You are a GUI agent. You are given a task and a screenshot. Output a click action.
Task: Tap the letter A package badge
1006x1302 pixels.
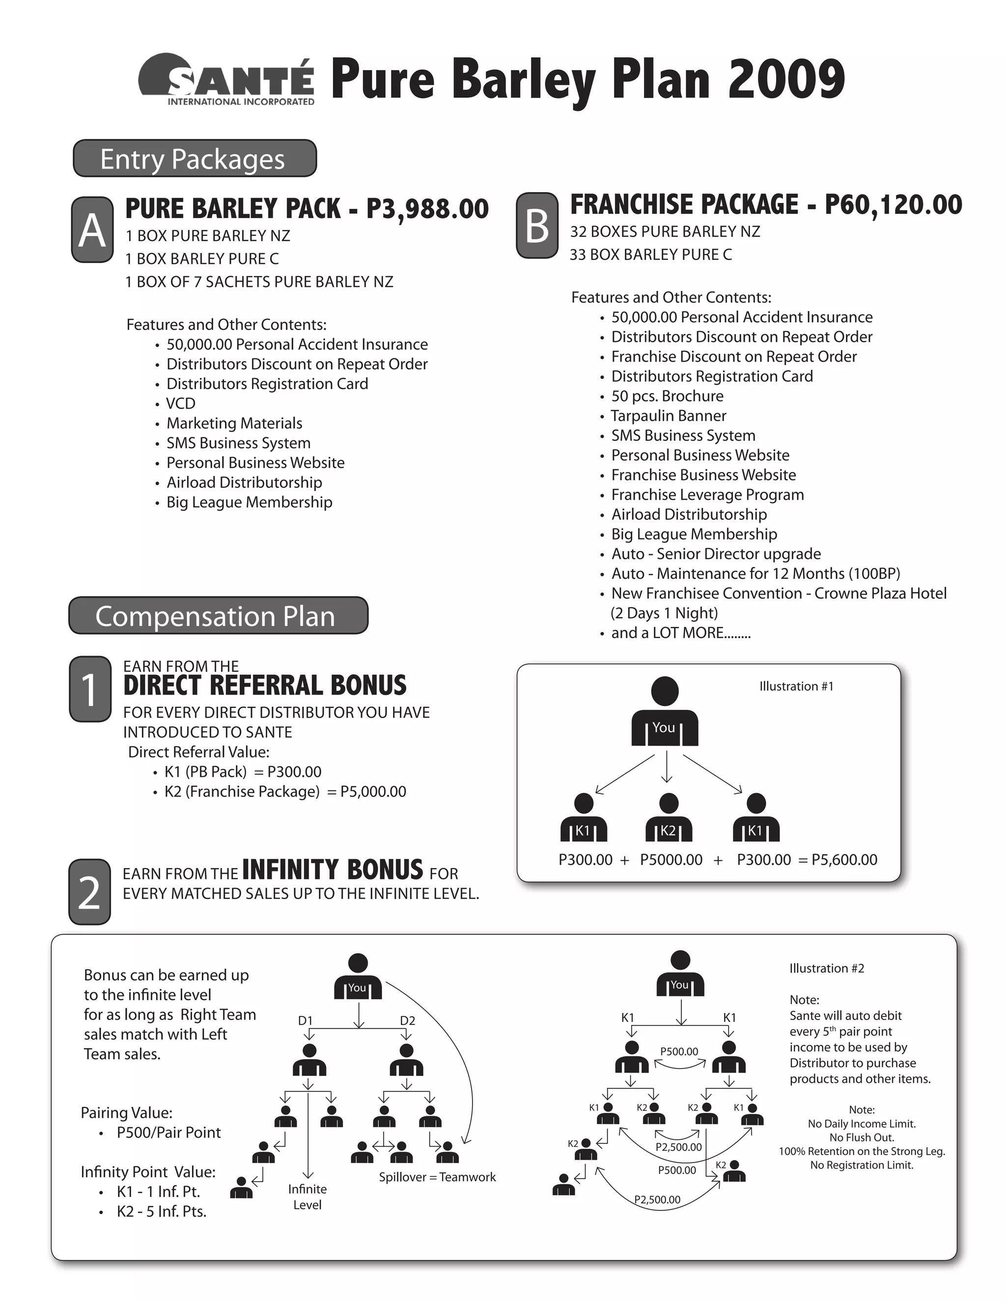[92, 230]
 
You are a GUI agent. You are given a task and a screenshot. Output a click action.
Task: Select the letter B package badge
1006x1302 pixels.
[537, 226]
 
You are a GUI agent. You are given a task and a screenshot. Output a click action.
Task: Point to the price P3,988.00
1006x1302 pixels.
[427, 209]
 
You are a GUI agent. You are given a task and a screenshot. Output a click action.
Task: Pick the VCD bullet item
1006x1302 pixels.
[181, 403]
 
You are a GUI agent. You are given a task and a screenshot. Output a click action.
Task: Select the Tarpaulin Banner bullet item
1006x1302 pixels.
[668, 416]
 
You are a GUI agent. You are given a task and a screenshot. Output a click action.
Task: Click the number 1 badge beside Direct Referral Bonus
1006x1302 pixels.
[90, 690]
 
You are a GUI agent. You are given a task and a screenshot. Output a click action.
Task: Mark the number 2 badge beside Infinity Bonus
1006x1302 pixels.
[90, 892]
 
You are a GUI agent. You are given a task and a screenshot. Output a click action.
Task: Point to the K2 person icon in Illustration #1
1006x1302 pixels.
[669, 817]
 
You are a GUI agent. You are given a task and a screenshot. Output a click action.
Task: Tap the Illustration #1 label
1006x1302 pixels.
[796, 686]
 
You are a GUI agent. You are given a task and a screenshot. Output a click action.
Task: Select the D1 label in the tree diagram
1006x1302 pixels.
[305, 1020]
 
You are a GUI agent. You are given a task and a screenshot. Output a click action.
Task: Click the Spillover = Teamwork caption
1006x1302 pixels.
[438, 1177]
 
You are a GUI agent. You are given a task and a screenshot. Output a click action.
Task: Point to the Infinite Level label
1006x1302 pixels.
[307, 1196]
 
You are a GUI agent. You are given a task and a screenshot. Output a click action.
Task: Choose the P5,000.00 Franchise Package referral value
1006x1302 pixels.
[373, 792]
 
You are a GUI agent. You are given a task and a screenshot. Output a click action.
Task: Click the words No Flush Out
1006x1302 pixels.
[862, 1137]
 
